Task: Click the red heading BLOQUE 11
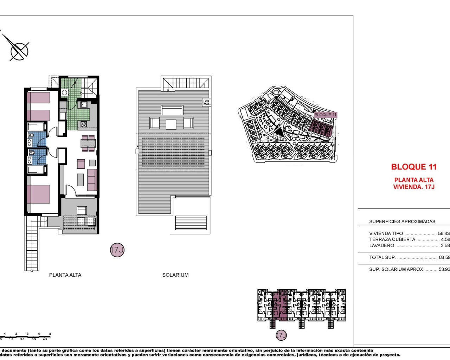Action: [x=414, y=167]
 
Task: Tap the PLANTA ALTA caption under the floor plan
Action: [x=65, y=275]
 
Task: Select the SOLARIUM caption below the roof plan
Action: [x=175, y=275]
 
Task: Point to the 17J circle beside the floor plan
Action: [x=117, y=250]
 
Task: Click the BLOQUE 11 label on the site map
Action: [x=325, y=115]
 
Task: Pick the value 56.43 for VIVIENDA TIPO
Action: [x=444, y=233]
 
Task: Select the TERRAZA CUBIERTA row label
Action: [x=392, y=239]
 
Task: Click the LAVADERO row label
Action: [x=381, y=245]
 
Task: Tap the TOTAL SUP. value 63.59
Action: [x=444, y=257]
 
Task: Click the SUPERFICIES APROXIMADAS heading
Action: [x=402, y=221]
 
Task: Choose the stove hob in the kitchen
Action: [x=84, y=124]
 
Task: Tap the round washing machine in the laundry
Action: [x=64, y=93]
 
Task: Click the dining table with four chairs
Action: [x=88, y=143]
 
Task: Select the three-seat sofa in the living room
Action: [x=92, y=180]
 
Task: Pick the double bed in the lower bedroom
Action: [x=38, y=194]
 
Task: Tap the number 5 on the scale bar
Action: [x=50, y=334]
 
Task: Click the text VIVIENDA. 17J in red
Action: [x=414, y=187]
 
